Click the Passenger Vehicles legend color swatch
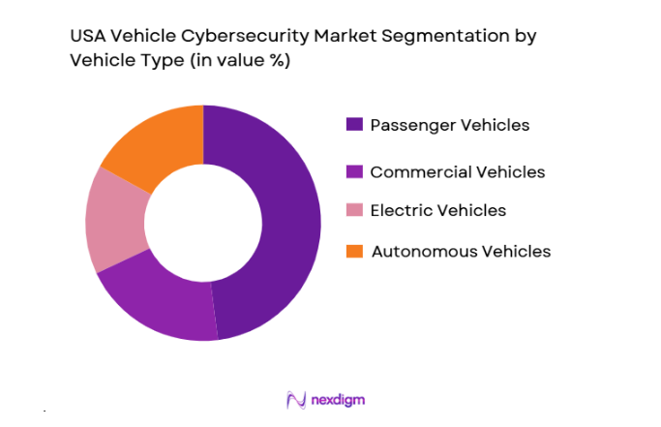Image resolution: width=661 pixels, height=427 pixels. (x=354, y=125)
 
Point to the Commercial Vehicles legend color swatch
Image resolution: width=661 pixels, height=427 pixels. (x=354, y=172)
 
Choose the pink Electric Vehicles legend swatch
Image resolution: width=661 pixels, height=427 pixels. (x=354, y=211)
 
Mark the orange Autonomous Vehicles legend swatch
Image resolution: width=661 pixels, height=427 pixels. (x=354, y=252)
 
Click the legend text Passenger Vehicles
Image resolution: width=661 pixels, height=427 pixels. (x=450, y=125)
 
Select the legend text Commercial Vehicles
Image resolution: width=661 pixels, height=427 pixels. (x=458, y=172)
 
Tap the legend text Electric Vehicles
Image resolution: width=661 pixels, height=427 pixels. (x=438, y=211)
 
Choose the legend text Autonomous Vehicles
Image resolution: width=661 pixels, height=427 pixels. (x=461, y=252)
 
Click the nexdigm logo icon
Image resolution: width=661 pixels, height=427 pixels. (x=296, y=399)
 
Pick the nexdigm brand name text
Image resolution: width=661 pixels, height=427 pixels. (x=339, y=399)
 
